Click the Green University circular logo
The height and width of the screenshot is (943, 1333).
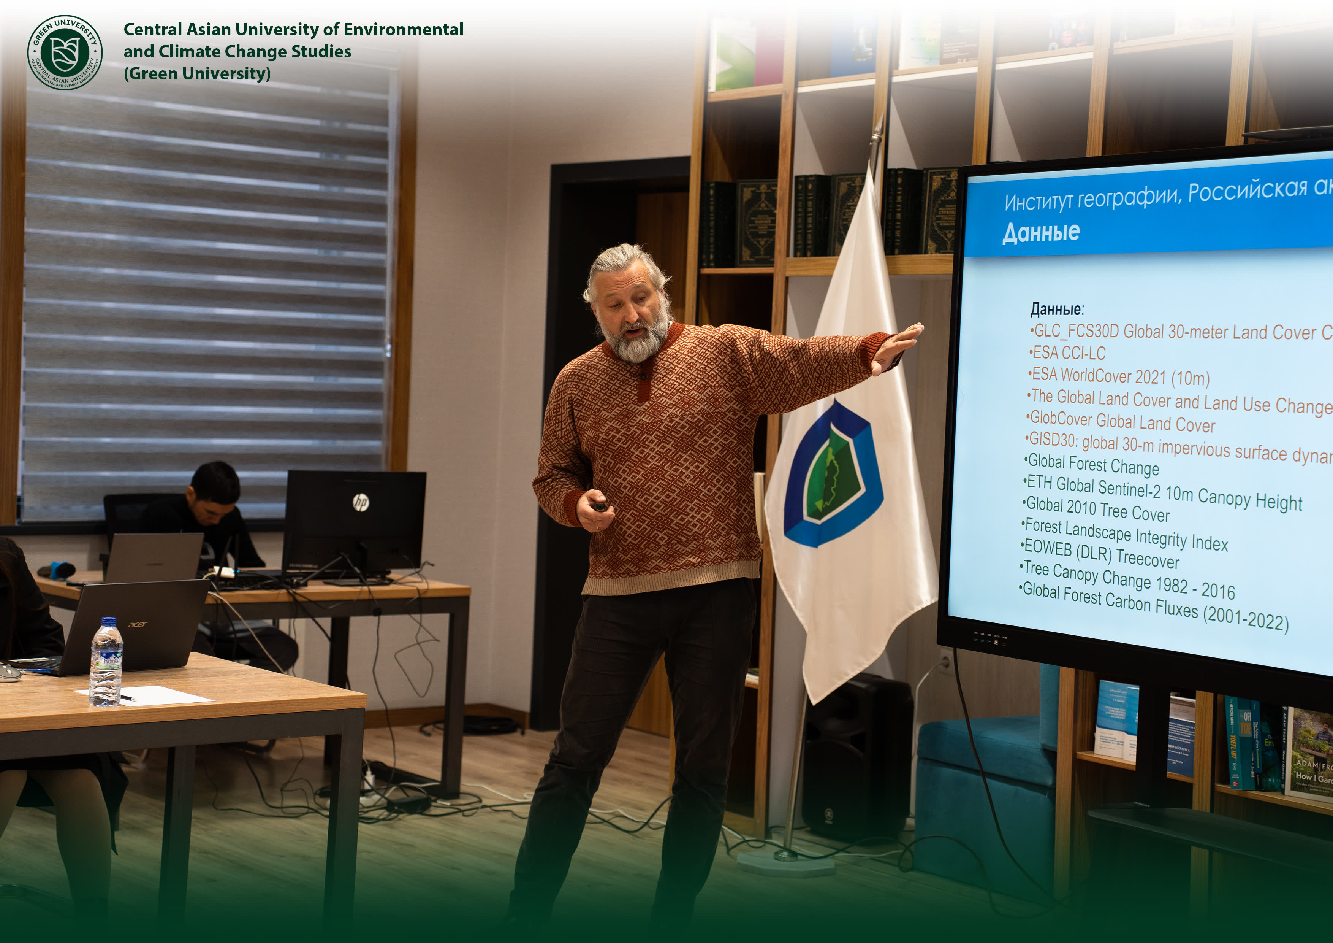click(65, 52)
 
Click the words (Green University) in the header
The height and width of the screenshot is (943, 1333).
click(197, 74)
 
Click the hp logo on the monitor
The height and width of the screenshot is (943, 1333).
click(361, 502)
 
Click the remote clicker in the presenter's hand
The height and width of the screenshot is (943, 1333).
click(600, 506)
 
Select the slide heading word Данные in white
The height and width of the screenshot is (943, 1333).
click(1041, 232)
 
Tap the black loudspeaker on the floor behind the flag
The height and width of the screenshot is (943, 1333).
click(857, 755)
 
